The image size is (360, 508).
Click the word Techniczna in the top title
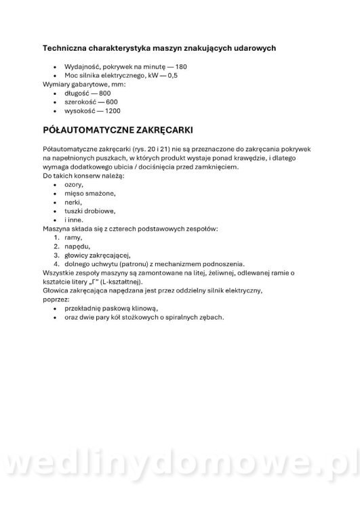click(x=66, y=48)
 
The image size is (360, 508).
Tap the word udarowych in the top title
click(x=254, y=48)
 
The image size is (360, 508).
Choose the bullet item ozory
click(x=73, y=184)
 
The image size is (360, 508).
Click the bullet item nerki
click(x=73, y=202)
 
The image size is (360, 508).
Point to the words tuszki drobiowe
click(x=89, y=211)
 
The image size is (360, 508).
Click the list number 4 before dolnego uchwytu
click(x=56, y=264)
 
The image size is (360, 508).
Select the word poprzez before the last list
click(x=56, y=299)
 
